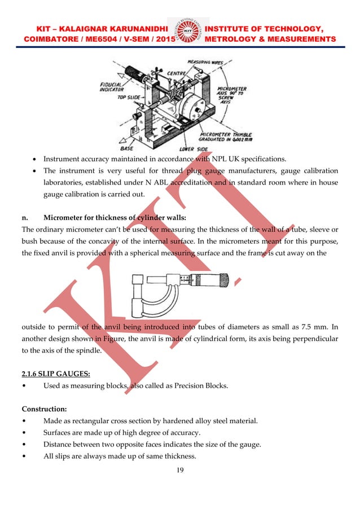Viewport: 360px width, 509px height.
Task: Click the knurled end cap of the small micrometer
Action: point(223,279)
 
